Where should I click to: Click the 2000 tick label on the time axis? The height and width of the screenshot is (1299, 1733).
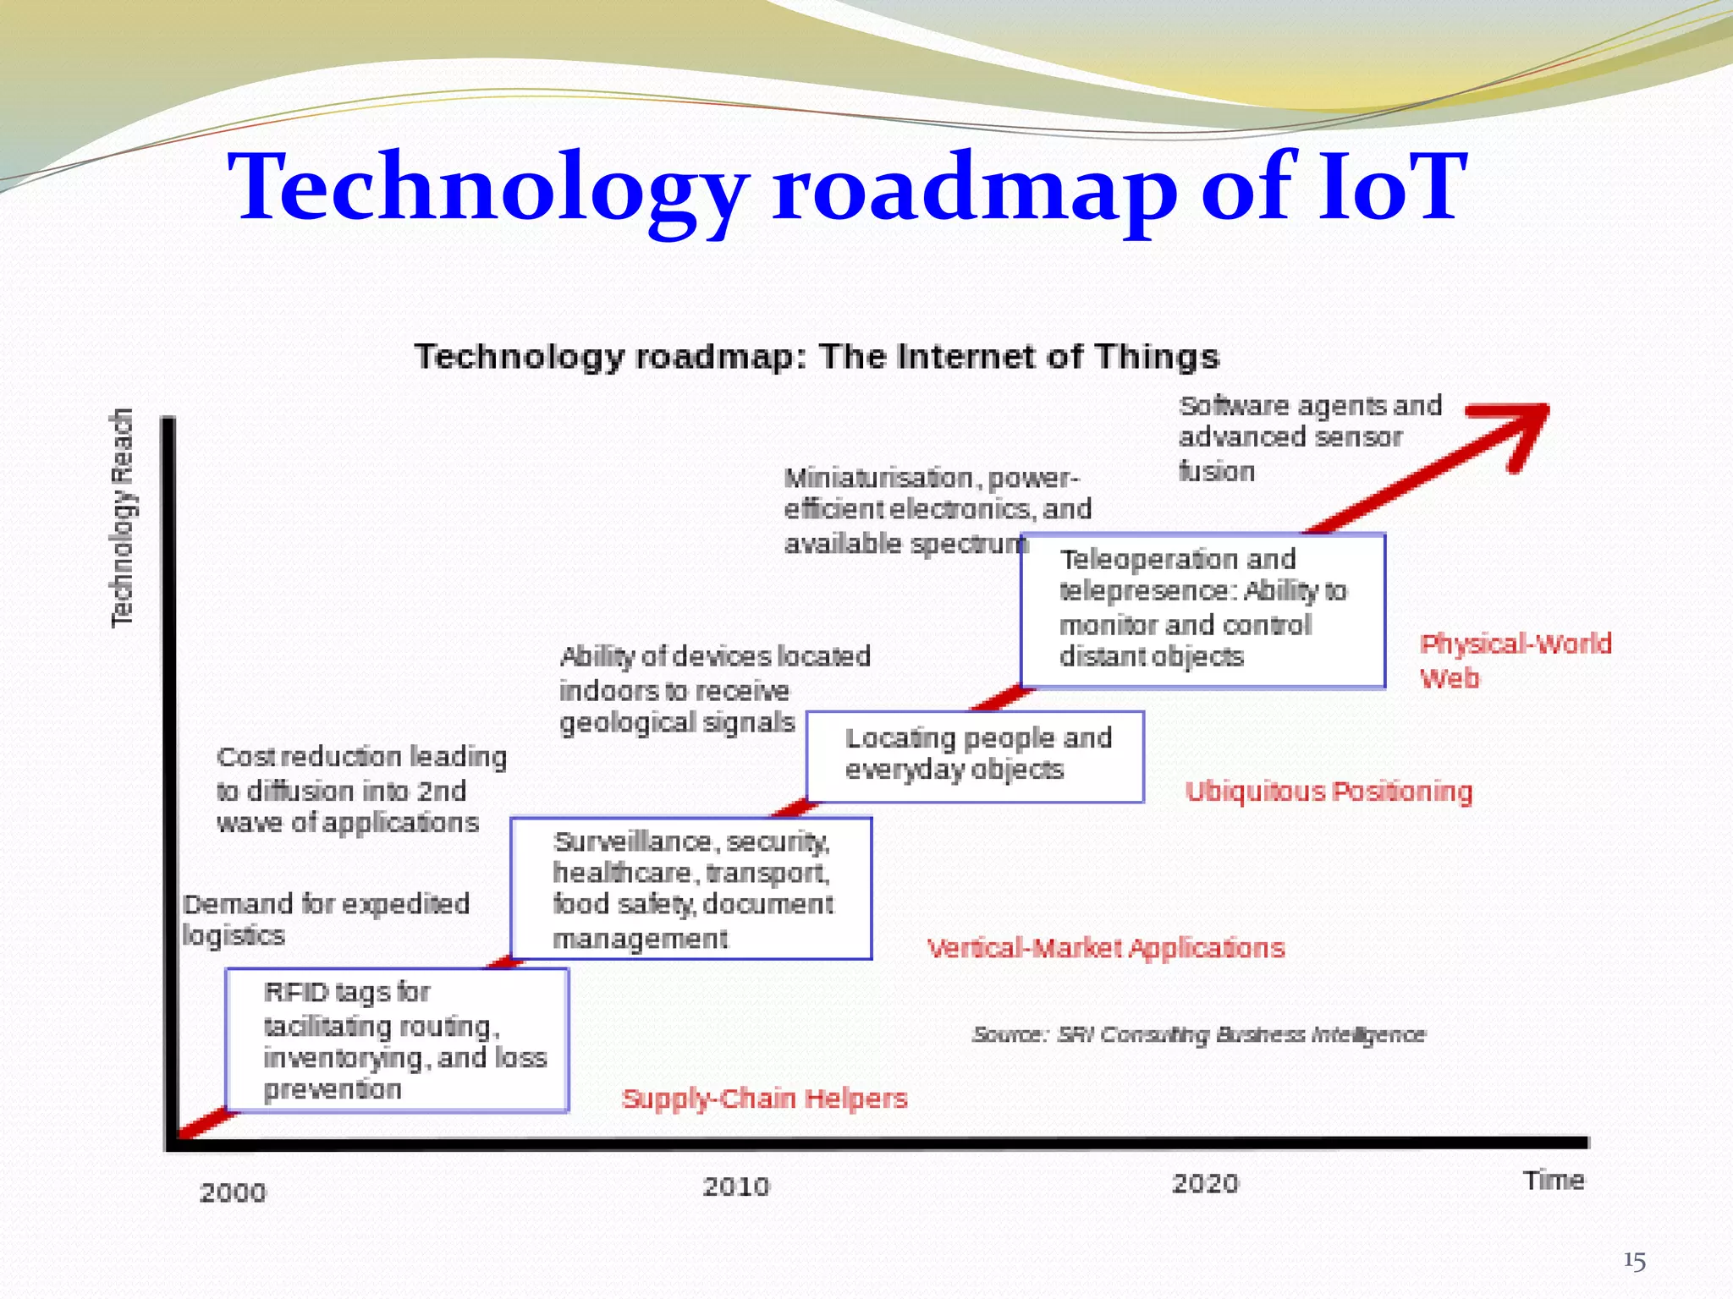(233, 1192)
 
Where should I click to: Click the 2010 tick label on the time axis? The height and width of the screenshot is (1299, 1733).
(736, 1187)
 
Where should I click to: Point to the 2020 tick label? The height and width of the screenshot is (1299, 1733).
(1205, 1183)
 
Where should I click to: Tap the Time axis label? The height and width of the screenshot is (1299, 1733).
(1554, 1180)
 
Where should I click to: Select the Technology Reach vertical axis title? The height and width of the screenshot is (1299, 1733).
(123, 518)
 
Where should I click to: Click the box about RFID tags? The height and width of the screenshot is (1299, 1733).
(397, 1039)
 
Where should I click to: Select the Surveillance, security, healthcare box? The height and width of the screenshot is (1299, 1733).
(691, 888)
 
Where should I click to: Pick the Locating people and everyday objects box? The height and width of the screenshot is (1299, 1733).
(975, 756)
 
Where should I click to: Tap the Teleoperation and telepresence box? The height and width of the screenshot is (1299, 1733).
(1202, 610)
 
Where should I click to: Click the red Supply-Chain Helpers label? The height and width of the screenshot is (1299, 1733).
(764, 1099)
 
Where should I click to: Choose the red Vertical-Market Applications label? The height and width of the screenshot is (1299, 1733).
(1105, 948)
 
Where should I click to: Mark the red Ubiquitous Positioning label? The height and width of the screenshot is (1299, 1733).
(1329, 792)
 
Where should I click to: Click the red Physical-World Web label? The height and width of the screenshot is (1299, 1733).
(1515, 660)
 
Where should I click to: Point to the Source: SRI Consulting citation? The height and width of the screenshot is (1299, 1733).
(1198, 1034)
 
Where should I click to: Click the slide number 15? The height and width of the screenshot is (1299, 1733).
(1634, 1262)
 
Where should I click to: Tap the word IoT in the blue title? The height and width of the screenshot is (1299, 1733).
(1392, 186)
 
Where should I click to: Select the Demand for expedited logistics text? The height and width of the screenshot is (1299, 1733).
(326, 919)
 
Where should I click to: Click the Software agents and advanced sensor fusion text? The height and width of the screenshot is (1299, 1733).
(1310, 438)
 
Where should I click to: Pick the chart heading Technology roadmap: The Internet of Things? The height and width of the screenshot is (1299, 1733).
(817, 357)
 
